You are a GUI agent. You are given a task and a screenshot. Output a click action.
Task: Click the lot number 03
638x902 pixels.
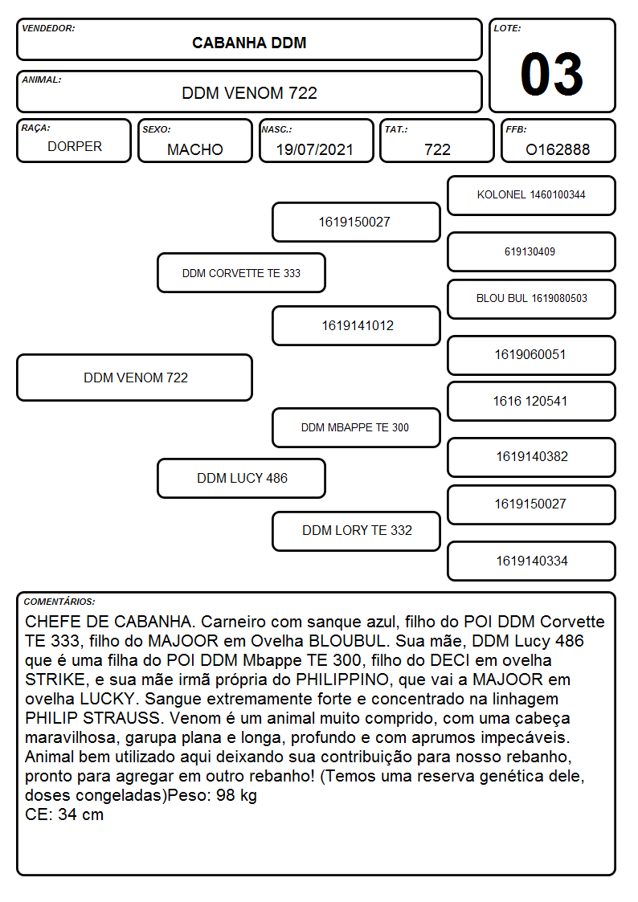pyautogui.click(x=552, y=74)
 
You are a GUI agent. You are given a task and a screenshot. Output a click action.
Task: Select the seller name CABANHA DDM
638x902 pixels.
pyautogui.click(x=249, y=43)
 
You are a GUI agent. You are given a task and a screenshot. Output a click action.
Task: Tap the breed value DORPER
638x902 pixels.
pyautogui.click(x=75, y=147)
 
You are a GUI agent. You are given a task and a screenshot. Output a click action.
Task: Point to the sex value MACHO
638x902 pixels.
pyautogui.click(x=195, y=149)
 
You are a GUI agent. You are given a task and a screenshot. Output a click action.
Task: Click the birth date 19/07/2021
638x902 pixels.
pyautogui.click(x=315, y=149)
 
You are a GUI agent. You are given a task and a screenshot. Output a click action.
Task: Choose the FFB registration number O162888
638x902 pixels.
pyautogui.click(x=558, y=149)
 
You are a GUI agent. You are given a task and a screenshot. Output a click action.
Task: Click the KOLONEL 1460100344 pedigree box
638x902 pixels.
pyautogui.click(x=532, y=196)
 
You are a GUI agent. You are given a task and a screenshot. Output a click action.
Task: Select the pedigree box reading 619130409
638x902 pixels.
pyautogui.click(x=532, y=252)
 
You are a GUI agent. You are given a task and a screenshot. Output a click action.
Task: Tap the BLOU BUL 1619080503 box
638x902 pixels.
pyautogui.click(x=532, y=299)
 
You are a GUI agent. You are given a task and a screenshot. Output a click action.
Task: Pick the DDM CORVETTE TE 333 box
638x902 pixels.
pyautogui.click(x=242, y=272)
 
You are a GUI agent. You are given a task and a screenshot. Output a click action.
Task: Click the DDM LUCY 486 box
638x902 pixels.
pyautogui.click(x=242, y=478)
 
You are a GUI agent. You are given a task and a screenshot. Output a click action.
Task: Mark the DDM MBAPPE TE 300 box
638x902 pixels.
pyautogui.click(x=356, y=427)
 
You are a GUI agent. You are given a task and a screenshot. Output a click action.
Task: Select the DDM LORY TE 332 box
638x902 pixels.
pyautogui.click(x=356, y=531)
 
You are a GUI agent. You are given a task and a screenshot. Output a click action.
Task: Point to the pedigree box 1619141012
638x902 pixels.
pyautogui.click(x=356, y=325)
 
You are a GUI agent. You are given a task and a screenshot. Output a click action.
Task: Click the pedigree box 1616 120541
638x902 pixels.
pyautogui.click(x=532, y=401)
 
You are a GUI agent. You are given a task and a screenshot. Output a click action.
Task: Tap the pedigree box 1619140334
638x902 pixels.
pyautogui.click(x=532, y=561)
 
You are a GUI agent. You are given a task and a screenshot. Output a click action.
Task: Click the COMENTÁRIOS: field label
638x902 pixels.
pyautogui.click(x=59, y=602)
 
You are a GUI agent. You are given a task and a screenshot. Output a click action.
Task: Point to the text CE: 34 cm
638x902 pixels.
pyautogui.click(x=64, y=814)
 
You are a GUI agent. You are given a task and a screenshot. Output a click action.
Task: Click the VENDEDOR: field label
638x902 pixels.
pyautogui.click(x=48, y=28)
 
